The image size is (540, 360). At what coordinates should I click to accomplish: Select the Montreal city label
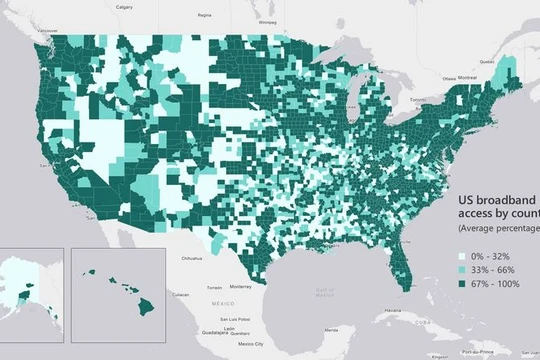point(466,77)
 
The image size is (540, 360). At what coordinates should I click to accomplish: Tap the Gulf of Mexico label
point(325,290)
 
